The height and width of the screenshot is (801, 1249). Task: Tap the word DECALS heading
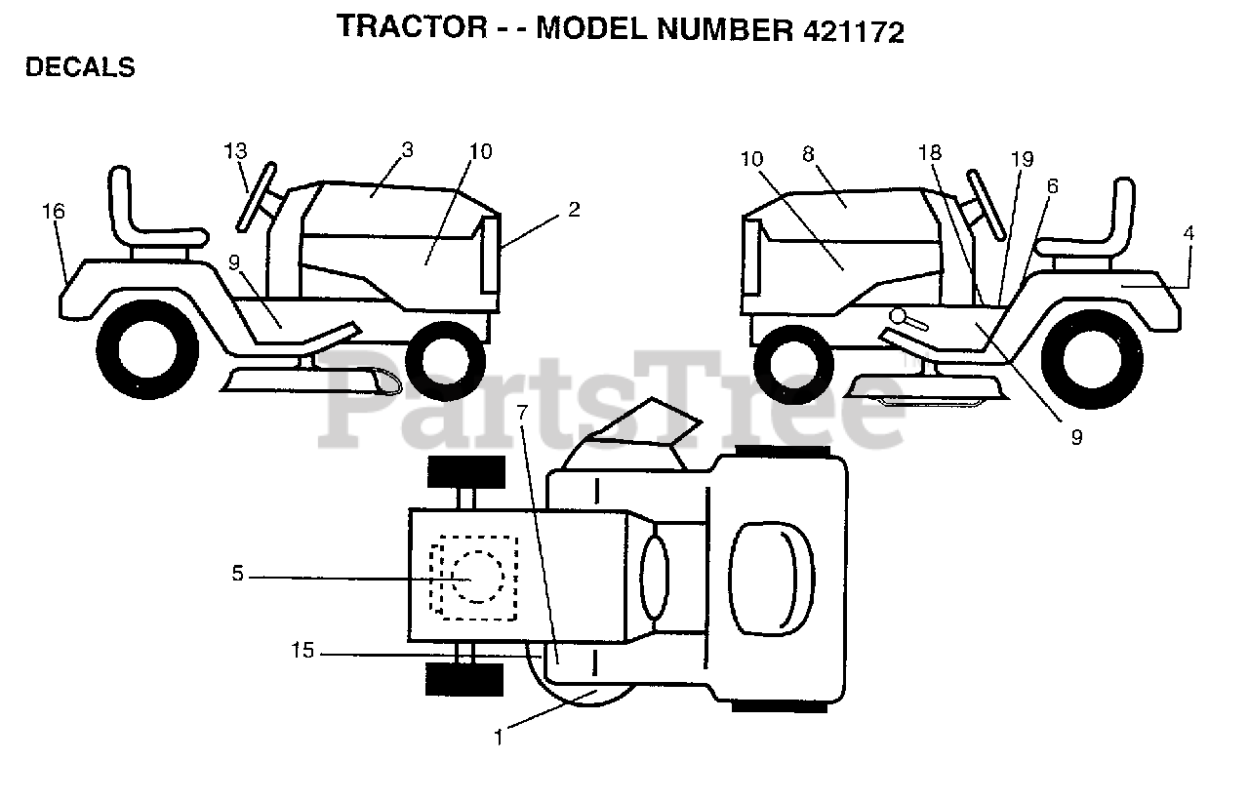coord(80,67)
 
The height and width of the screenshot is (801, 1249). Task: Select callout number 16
coord(54,211)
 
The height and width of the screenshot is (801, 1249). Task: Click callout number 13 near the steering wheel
coord(235,151)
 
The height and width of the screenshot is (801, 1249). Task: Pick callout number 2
coord(574,209)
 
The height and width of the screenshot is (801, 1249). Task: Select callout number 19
coord(1022,159)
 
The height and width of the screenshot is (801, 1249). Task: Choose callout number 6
coord(1051,185)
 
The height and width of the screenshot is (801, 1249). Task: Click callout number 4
coord(1189,233)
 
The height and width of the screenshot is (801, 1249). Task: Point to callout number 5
coord(237,575)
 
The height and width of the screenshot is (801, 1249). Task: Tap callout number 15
coord(303,650)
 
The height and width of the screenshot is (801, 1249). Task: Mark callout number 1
coord(499,739)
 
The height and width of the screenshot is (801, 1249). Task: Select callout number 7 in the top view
coord(522,413)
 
